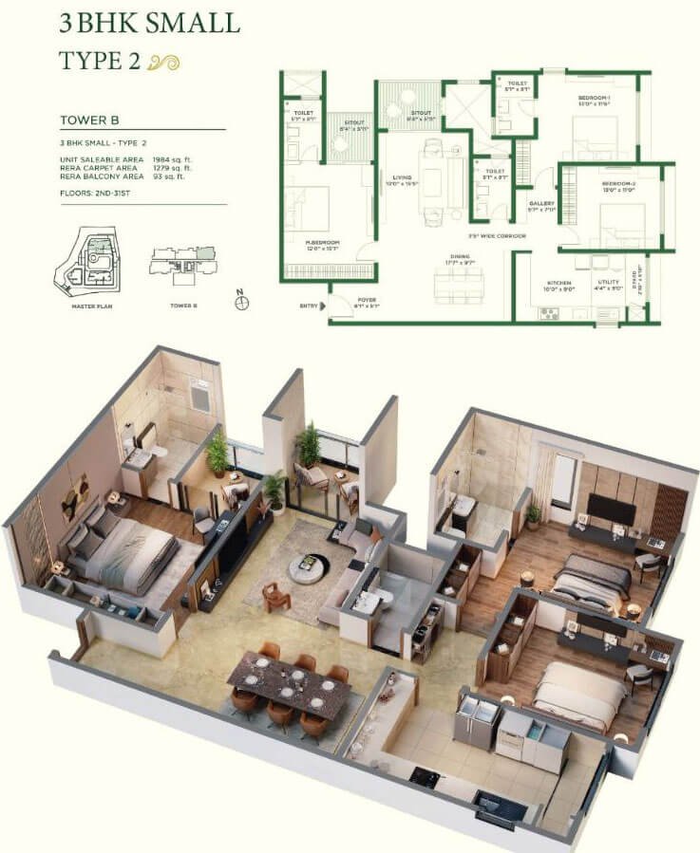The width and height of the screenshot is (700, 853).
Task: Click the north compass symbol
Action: pyautogui.click(x=244, y=303)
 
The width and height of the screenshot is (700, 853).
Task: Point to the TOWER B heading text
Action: pyautogui.click(x=88, y=121)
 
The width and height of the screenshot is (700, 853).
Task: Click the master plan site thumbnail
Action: pyautogui.click(x=92, y=259)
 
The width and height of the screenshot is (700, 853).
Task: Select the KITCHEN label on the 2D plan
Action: pyautogui.click(x=558, y=283)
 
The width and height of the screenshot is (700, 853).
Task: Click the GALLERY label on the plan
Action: pyautogui.click(x=541, y=203)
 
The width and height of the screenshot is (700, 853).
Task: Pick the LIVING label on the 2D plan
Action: pyautogui.click(x=401, y=176)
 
